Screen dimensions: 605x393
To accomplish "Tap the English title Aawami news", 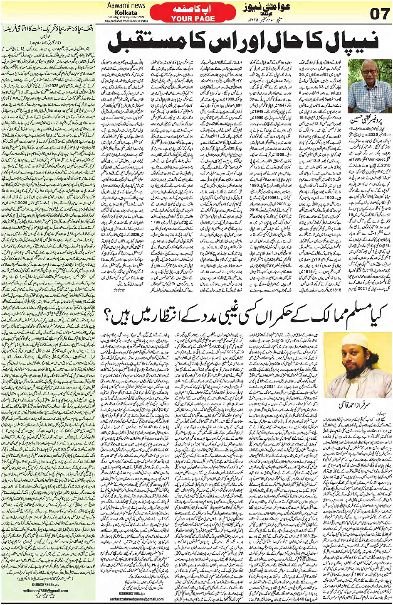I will [126, 5].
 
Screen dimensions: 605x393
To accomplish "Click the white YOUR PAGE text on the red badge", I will [193, 19].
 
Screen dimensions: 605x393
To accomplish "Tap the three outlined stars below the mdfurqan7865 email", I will [45, 596].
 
